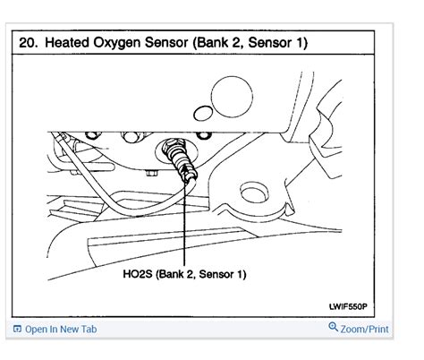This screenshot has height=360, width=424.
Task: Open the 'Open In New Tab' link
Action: click(61, 330)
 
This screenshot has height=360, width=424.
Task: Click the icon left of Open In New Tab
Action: click(17, 330)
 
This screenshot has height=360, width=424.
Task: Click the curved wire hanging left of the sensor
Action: click(89, 178)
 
